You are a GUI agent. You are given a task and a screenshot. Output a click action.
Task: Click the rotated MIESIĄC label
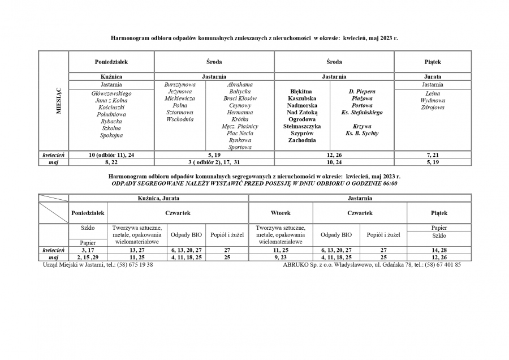[58, 102]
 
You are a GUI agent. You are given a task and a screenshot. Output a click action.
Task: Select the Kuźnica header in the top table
[111, 76]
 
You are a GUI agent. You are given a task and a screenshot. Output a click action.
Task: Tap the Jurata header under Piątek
[433, 76]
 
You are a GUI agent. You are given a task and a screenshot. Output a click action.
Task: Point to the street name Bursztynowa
[180, 84]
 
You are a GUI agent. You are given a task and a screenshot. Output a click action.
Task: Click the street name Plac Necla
[240, 133]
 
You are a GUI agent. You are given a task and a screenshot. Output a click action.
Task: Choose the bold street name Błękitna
[301, 91]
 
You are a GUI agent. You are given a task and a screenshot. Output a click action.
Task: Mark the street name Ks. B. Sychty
[362, 133]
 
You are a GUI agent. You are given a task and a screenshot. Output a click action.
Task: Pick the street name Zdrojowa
[433, 108]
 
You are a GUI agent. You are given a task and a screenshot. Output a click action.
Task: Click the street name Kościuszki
[111, 108]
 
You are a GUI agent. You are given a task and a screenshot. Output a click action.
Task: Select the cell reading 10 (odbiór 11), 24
[111, 155]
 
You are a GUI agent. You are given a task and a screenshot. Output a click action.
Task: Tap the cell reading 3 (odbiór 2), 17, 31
[214, 162]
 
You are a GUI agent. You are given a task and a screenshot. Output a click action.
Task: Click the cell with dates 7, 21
[433, 155]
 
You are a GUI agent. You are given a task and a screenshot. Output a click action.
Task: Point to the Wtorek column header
[281, 213]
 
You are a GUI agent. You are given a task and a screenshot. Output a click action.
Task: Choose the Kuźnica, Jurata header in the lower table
[158, 198]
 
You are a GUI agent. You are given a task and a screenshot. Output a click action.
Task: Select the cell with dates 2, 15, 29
[88, 257]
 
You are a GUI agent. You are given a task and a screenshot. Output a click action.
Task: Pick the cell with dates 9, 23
[281, 257]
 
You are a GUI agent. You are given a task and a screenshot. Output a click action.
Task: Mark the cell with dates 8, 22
[111, 162]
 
